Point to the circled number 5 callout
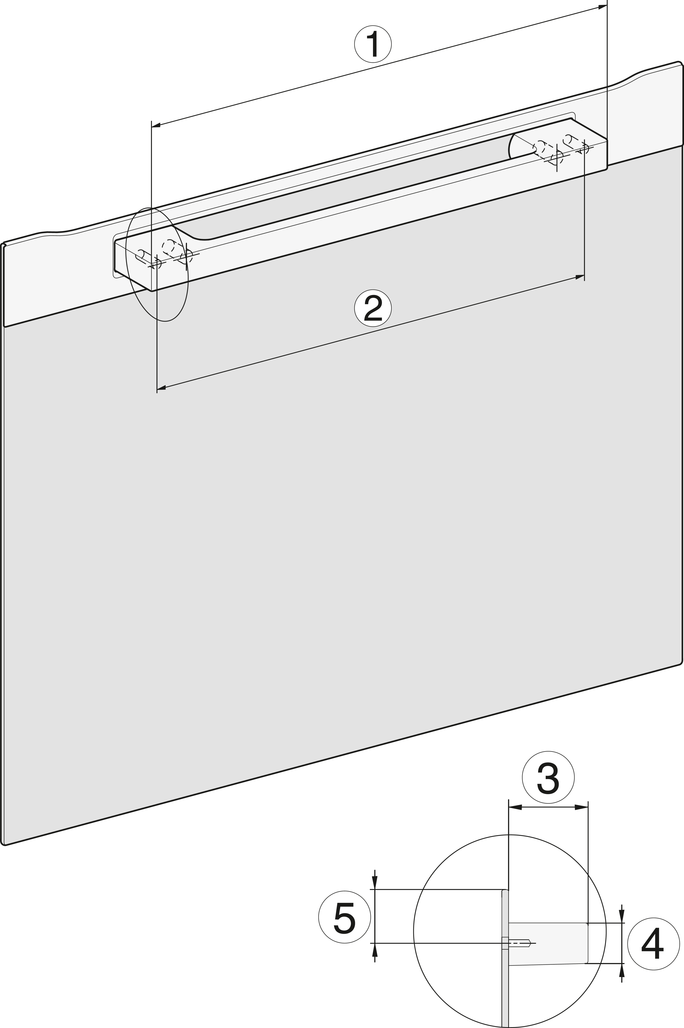click(345, 917)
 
